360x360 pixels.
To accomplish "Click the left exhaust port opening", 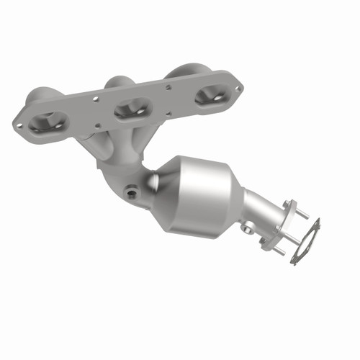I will pyautogui.click(x=49, y=122).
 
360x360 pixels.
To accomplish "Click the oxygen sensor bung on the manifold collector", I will pyautogui.click(x=130, y=193).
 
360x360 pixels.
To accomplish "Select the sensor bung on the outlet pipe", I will pyautogui.click(x=247, y=228).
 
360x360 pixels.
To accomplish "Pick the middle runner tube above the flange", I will pyautogui.click(x=119, y=81).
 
